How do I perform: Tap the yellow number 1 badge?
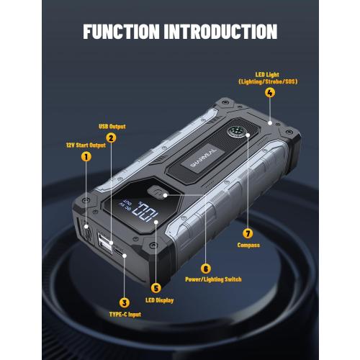click(86, 156)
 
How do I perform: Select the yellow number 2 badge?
click(111, 137)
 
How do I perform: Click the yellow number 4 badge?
click(270, 92)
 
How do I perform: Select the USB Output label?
click(112, 126)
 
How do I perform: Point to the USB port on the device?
click(105, 245)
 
